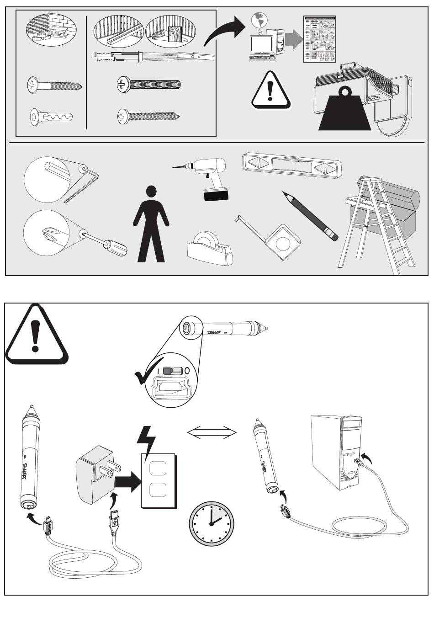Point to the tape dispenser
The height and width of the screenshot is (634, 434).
pyautogui.click(x=210, y=249)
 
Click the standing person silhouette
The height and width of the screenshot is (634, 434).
pyautogui.click(x=151, y=224)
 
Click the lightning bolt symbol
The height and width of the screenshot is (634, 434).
pyautogui.click(x=147, y=442)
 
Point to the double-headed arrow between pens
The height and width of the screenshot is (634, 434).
pyautogui.click(x=212, y=432)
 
